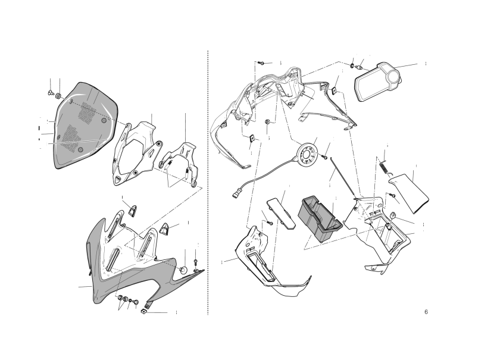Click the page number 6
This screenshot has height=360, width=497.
[426, 312]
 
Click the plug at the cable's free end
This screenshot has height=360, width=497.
[235, 193]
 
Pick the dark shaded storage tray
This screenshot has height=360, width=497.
[320, 218]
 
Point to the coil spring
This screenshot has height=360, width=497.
[384, 167]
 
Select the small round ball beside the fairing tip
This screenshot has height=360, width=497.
[183, 270]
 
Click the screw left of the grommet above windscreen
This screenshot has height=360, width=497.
[51, 93]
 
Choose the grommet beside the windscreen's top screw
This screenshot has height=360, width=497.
[58, 96]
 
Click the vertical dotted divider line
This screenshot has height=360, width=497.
[208, 183]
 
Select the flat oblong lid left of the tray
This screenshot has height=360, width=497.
[281, 213]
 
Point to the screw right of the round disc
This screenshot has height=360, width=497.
[324, 156]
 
